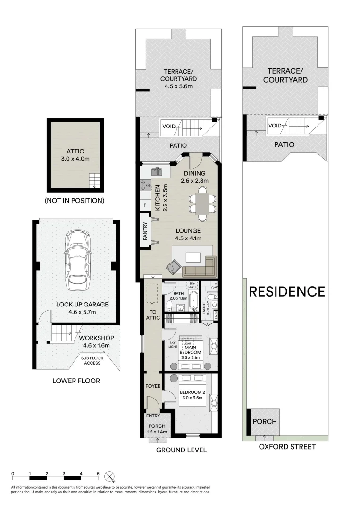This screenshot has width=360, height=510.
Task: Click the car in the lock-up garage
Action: coord(77,260)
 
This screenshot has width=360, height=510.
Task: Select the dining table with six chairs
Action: coord(203,204)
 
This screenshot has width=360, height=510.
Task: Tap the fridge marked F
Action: coord(144,205)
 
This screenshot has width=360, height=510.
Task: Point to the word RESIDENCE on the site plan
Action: coord(287,291)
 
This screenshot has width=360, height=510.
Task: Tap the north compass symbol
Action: coord(110,475)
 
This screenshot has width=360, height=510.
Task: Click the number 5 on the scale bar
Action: coord(98,473)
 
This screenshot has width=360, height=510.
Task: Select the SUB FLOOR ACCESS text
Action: coord(93,360)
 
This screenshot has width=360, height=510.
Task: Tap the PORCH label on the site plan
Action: coord(264,421)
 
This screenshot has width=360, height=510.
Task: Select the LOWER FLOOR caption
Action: coord(76,381)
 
